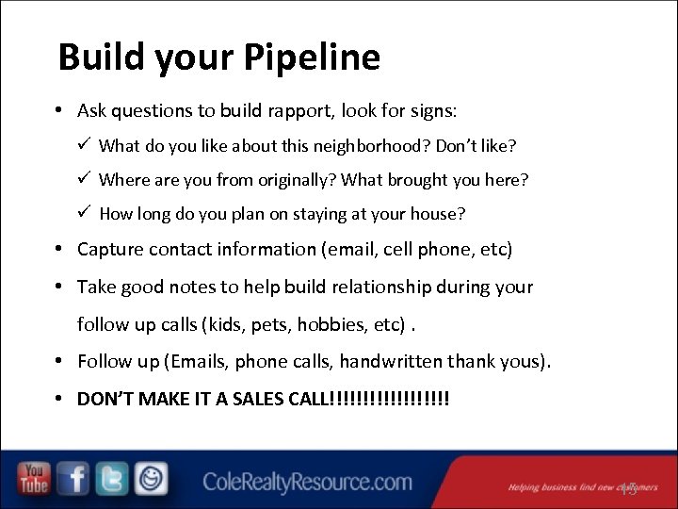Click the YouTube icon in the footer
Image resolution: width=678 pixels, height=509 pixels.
(x=35, y=480)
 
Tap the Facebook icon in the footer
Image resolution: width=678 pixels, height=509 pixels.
(x=73, y=480)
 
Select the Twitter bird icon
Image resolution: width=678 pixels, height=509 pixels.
(x=112, y=480)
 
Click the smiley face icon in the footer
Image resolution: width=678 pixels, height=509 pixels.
(x=151, y=480)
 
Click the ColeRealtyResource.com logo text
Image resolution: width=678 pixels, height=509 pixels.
(x=307, y=483)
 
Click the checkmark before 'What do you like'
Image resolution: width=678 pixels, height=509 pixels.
(x=85, y=145)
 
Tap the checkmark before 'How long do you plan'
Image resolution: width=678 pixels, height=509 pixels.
(x=85, y=213)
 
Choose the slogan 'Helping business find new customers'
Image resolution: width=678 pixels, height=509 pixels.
(x=582, y=487)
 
